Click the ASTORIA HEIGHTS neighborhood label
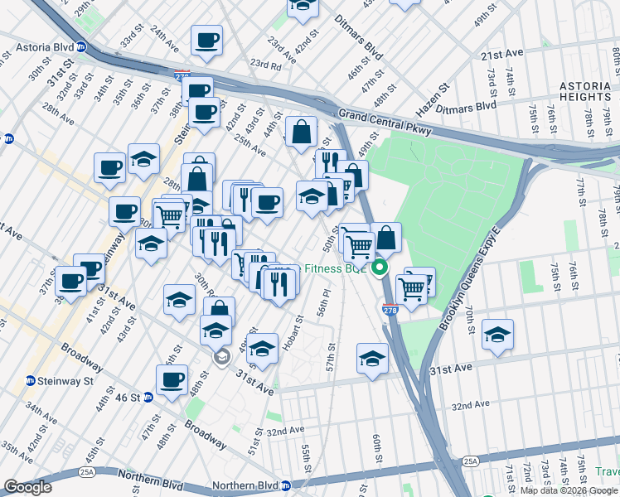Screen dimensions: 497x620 [585, 91]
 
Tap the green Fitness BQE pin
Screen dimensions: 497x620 [380, 268]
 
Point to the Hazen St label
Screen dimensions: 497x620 [432, 99]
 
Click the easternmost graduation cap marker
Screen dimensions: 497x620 [497, 335]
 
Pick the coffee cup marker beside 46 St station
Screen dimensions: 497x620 [172, 380]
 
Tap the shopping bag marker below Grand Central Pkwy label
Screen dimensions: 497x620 [302, 131]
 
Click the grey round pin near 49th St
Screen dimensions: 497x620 [221, 358]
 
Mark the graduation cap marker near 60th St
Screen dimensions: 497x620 [372, 359]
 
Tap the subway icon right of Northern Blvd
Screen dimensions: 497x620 [286, 485]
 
